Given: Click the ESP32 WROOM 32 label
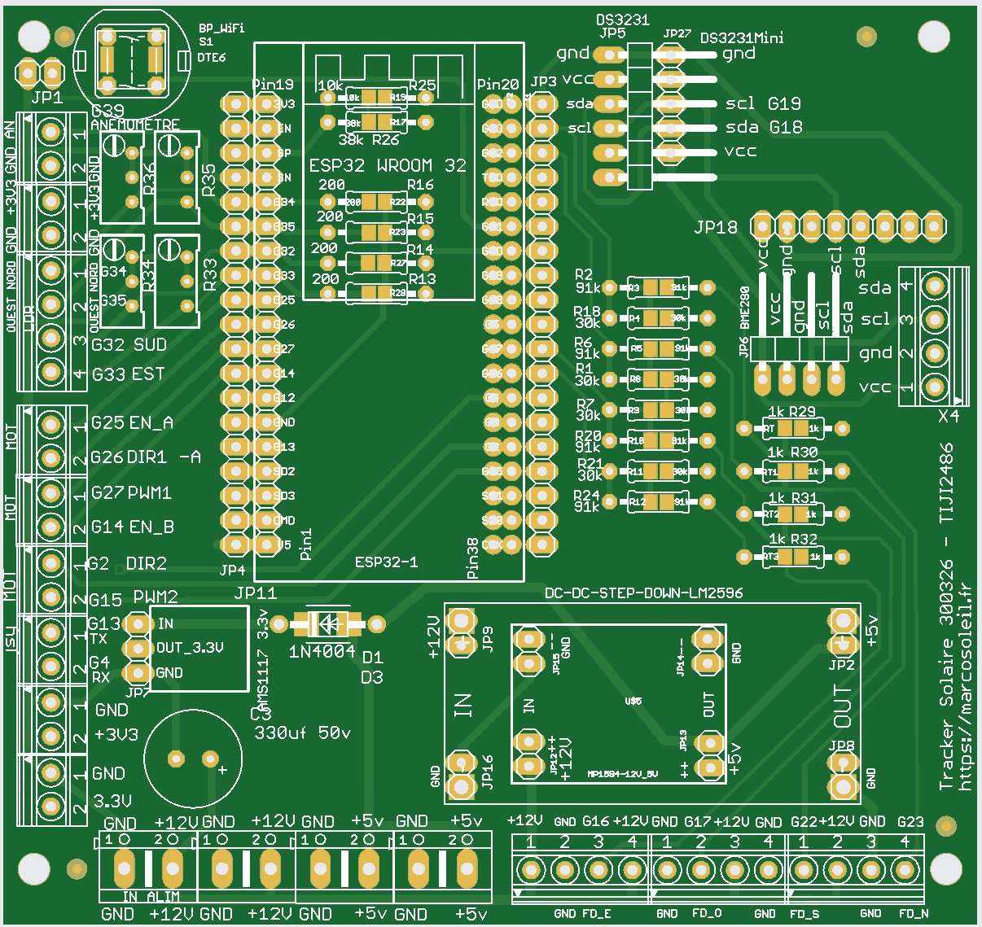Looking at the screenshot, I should tap(388, 165).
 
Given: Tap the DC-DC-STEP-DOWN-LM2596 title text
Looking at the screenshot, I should tap(643, 592).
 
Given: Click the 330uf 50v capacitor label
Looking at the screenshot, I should tap(302, 732).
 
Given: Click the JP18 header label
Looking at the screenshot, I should tap(716, 228).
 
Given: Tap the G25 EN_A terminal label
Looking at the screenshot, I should tap(132, 422).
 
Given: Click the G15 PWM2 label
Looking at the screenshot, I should tap(133, 599).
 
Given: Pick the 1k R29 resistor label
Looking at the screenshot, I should tap(791, 413).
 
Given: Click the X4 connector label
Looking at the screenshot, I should tap(949, 416).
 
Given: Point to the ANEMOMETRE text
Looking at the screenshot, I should tap(135, 125).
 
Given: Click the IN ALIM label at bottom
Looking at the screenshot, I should tap(151, 896).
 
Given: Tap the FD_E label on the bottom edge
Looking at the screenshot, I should tap(596, 913).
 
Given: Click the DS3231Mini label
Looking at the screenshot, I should tap(742, 38).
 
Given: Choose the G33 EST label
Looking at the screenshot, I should tap(128, 374).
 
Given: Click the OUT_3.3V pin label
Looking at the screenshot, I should tap(189, 648).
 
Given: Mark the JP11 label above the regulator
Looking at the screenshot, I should tap(255, 592).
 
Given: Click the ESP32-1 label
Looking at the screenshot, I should tap(386, 562).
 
